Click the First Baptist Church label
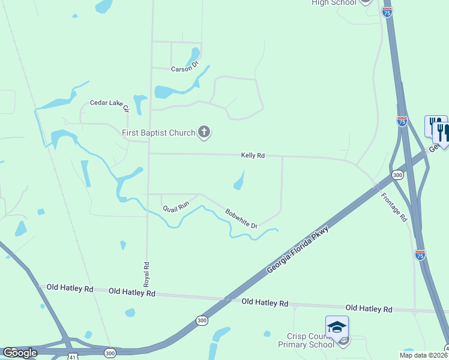click(x=158, y=133)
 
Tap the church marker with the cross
click(x=204, y=133)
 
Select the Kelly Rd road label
click(x=253, y=155)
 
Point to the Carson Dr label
click(x=185, y=69)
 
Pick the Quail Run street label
click(x=176, y=208)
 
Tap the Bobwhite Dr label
click(x=241, y=218)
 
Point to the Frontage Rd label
click(x=394, y=207)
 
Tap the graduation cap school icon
click(x=337, y=327)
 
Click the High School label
click(x=334, y=2)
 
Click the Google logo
click(x=20, y=353)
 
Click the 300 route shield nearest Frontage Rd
click(x=397, y=175)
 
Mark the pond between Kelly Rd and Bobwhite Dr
click(x=240, y=181)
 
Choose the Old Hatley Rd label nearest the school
click(x=369, y=308)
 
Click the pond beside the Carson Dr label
click(x=193, y=56)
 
